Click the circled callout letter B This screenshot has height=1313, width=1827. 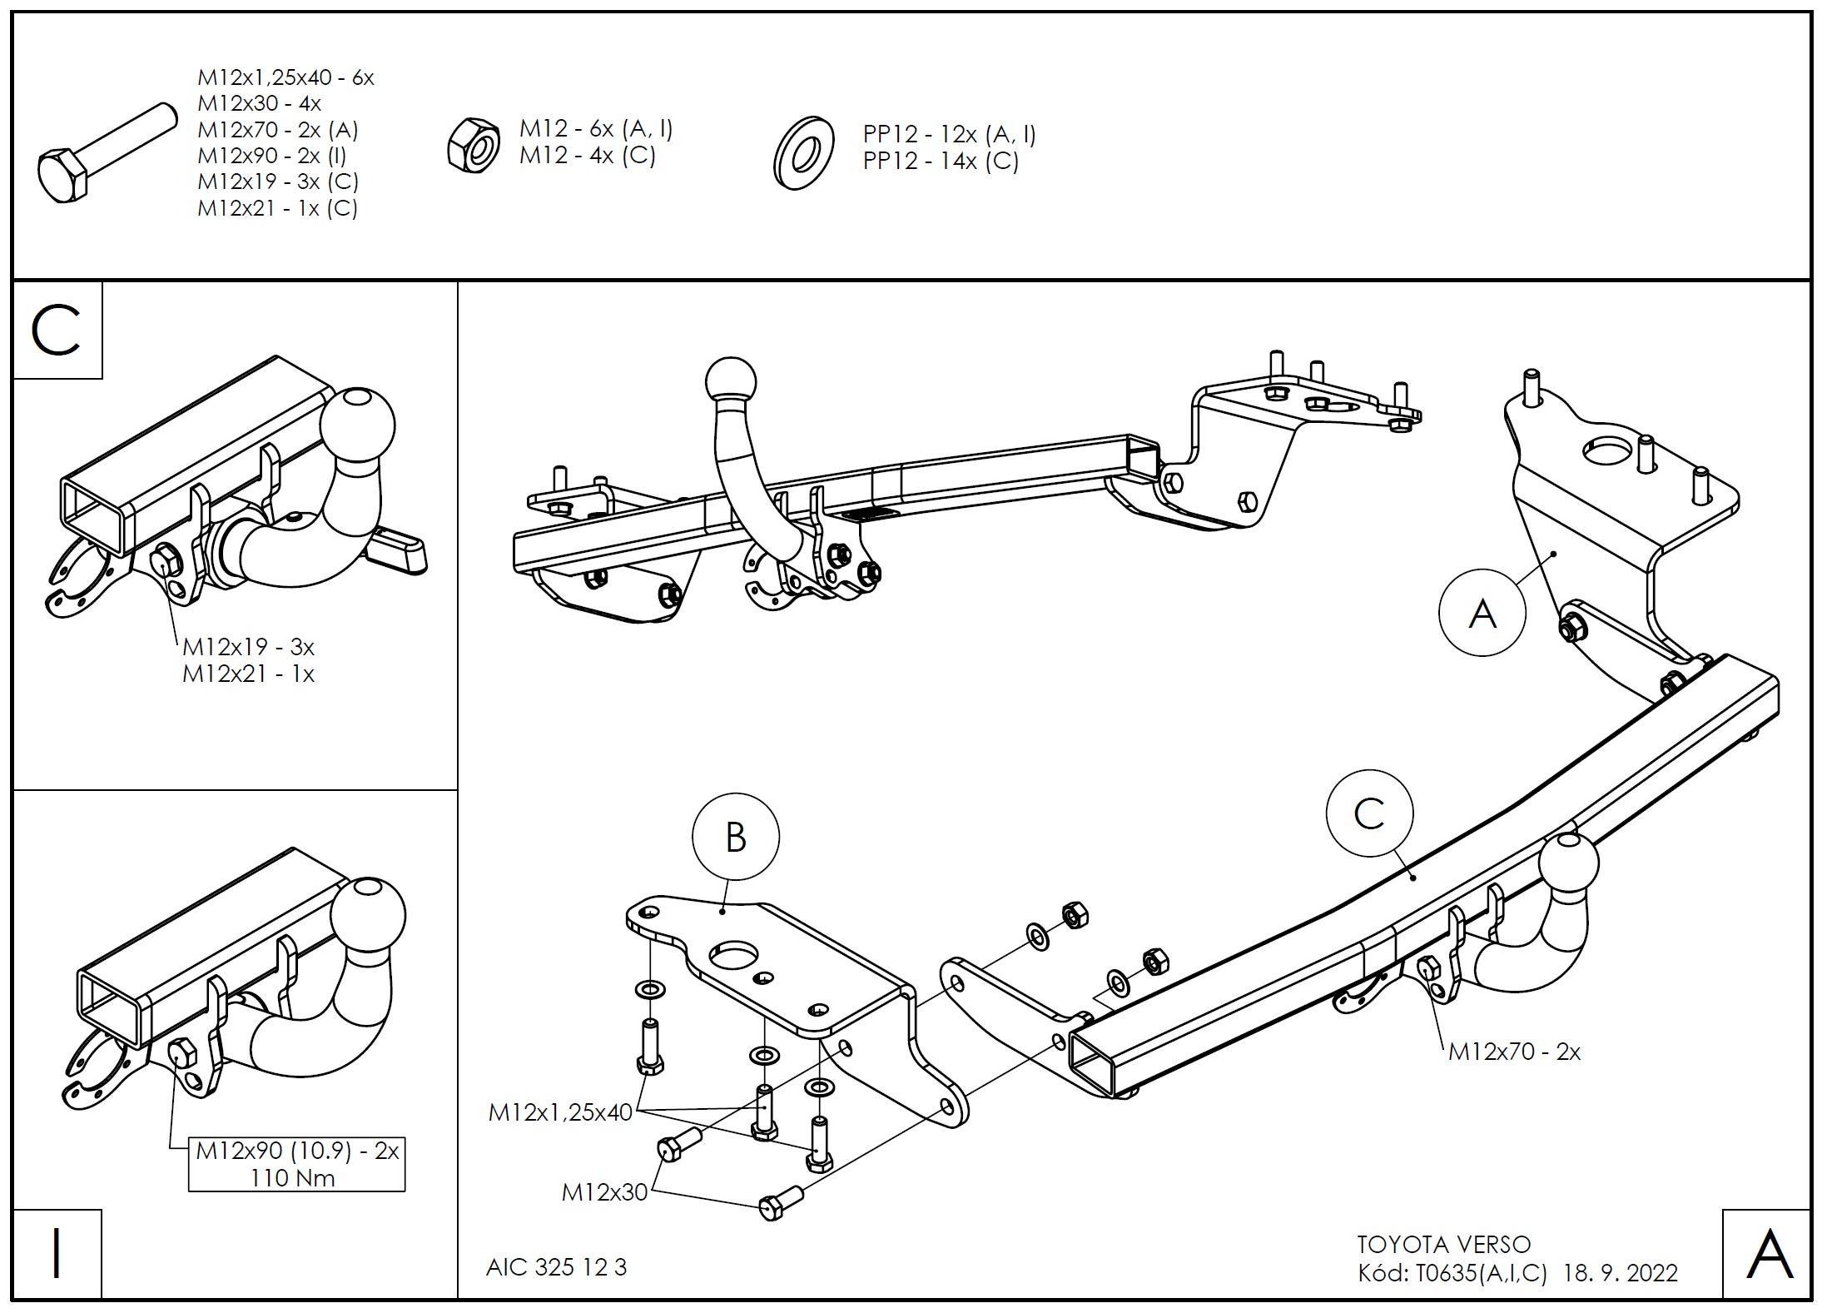pos(735,837)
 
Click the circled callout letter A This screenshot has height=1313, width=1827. pos(1482,614)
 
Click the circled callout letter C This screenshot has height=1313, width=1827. pos(1369,814)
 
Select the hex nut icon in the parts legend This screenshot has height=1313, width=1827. pos(473,145)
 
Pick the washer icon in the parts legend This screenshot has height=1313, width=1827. pos(804,154)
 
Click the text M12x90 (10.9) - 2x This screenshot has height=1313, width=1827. pos(297,1151)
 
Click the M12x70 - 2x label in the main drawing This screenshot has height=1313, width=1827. pos(1514,1052)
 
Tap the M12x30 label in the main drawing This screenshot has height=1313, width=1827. pos(604,1192)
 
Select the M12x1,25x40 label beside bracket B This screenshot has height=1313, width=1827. pos(560,1112)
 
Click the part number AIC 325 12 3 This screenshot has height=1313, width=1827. pos(556,1267)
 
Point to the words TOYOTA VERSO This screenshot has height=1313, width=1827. pos(1443,1245)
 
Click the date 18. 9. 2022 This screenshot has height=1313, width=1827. pos(1621,1273)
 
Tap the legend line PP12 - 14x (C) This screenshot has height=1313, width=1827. pos(941,161)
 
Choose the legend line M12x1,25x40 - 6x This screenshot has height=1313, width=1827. pos(285,78)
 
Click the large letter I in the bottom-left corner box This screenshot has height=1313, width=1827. pos(57,1254)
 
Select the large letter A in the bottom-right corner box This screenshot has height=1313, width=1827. pos(1769,1255)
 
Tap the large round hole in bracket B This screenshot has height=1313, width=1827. pos(731,955)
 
